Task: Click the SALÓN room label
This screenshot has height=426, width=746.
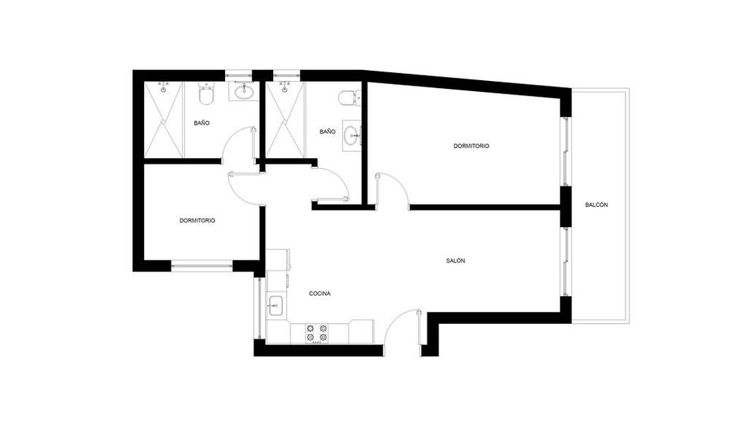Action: pos(456,260)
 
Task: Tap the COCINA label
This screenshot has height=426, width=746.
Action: pos(319,293)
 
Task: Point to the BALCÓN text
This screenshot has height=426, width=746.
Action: pos(596,205)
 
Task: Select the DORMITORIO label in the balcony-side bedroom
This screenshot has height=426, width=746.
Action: pos(471,146)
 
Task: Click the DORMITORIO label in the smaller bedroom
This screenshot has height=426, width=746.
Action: pos(197,221)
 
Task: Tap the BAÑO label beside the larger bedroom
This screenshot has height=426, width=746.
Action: pos(327,131)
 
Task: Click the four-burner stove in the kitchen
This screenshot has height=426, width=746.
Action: pos(317,332)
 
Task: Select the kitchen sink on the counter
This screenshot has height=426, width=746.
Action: pos(275,305)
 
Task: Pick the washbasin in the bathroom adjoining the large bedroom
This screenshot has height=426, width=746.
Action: pos(353,135)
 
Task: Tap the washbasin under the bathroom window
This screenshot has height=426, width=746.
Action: pos(244,91)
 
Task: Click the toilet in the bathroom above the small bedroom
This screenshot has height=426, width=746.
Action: pos(206,95)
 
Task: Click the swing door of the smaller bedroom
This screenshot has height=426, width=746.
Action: pos(245,187)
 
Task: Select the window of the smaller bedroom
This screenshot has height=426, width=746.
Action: pos(201,266)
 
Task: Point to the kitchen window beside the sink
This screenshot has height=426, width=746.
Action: pos(260,308)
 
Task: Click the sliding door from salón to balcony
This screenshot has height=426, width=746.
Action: pos(566,262)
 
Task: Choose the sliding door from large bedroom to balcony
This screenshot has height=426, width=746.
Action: pos(566,152)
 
